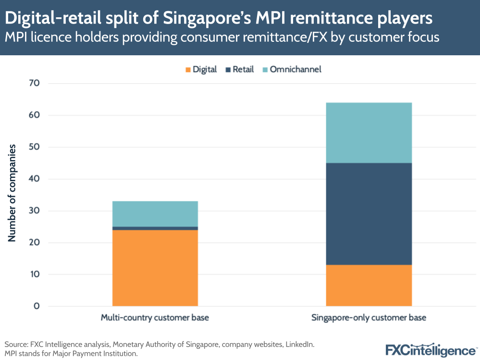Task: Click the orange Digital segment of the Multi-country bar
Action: point(155,268)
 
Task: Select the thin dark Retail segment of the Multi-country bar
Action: point(155,228)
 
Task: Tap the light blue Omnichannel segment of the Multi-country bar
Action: point(155,214)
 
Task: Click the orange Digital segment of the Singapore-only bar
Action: point(369,286)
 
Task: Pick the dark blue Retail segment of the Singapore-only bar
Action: point(369,214)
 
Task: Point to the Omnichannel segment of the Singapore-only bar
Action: point(369,133)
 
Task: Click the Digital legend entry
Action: point(201,70)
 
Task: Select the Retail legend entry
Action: point(239,70)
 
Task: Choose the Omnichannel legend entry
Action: point(291,70)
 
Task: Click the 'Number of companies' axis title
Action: point(12,192)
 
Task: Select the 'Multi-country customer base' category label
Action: point(155,318)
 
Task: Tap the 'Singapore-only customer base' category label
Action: point(369,318)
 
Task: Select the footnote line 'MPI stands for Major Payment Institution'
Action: point(71,354)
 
